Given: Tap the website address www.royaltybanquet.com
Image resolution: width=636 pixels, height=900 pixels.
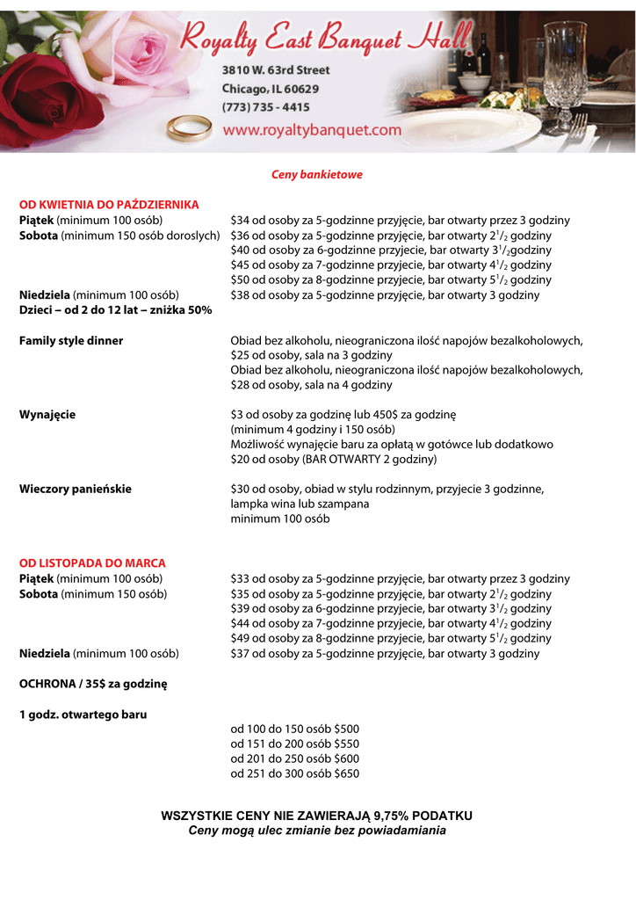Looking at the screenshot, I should (x=311, y=129).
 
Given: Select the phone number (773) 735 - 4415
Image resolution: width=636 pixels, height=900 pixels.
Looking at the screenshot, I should (x=265, y=107).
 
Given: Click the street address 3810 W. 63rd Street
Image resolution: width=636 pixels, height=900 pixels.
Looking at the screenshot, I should (x=276, y=69).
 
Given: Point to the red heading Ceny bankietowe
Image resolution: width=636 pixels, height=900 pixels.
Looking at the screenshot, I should (x=316, y=175).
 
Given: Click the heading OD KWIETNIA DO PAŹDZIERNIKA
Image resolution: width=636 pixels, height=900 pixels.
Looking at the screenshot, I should (x=109, y=205).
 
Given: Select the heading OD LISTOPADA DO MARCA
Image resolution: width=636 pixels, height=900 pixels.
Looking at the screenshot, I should (x=92, y=562).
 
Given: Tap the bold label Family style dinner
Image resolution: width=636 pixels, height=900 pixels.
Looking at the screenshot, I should (x=71, y=340).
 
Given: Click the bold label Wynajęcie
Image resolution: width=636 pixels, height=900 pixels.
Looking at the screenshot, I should (x=47, y=415).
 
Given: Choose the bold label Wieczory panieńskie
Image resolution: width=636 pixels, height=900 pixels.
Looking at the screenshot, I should (x=76, y=489).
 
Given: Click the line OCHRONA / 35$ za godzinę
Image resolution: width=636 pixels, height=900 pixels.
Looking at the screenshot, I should (x=93, y=683).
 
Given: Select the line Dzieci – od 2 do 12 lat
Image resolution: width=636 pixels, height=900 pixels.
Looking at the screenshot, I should (x=116, y=310).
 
